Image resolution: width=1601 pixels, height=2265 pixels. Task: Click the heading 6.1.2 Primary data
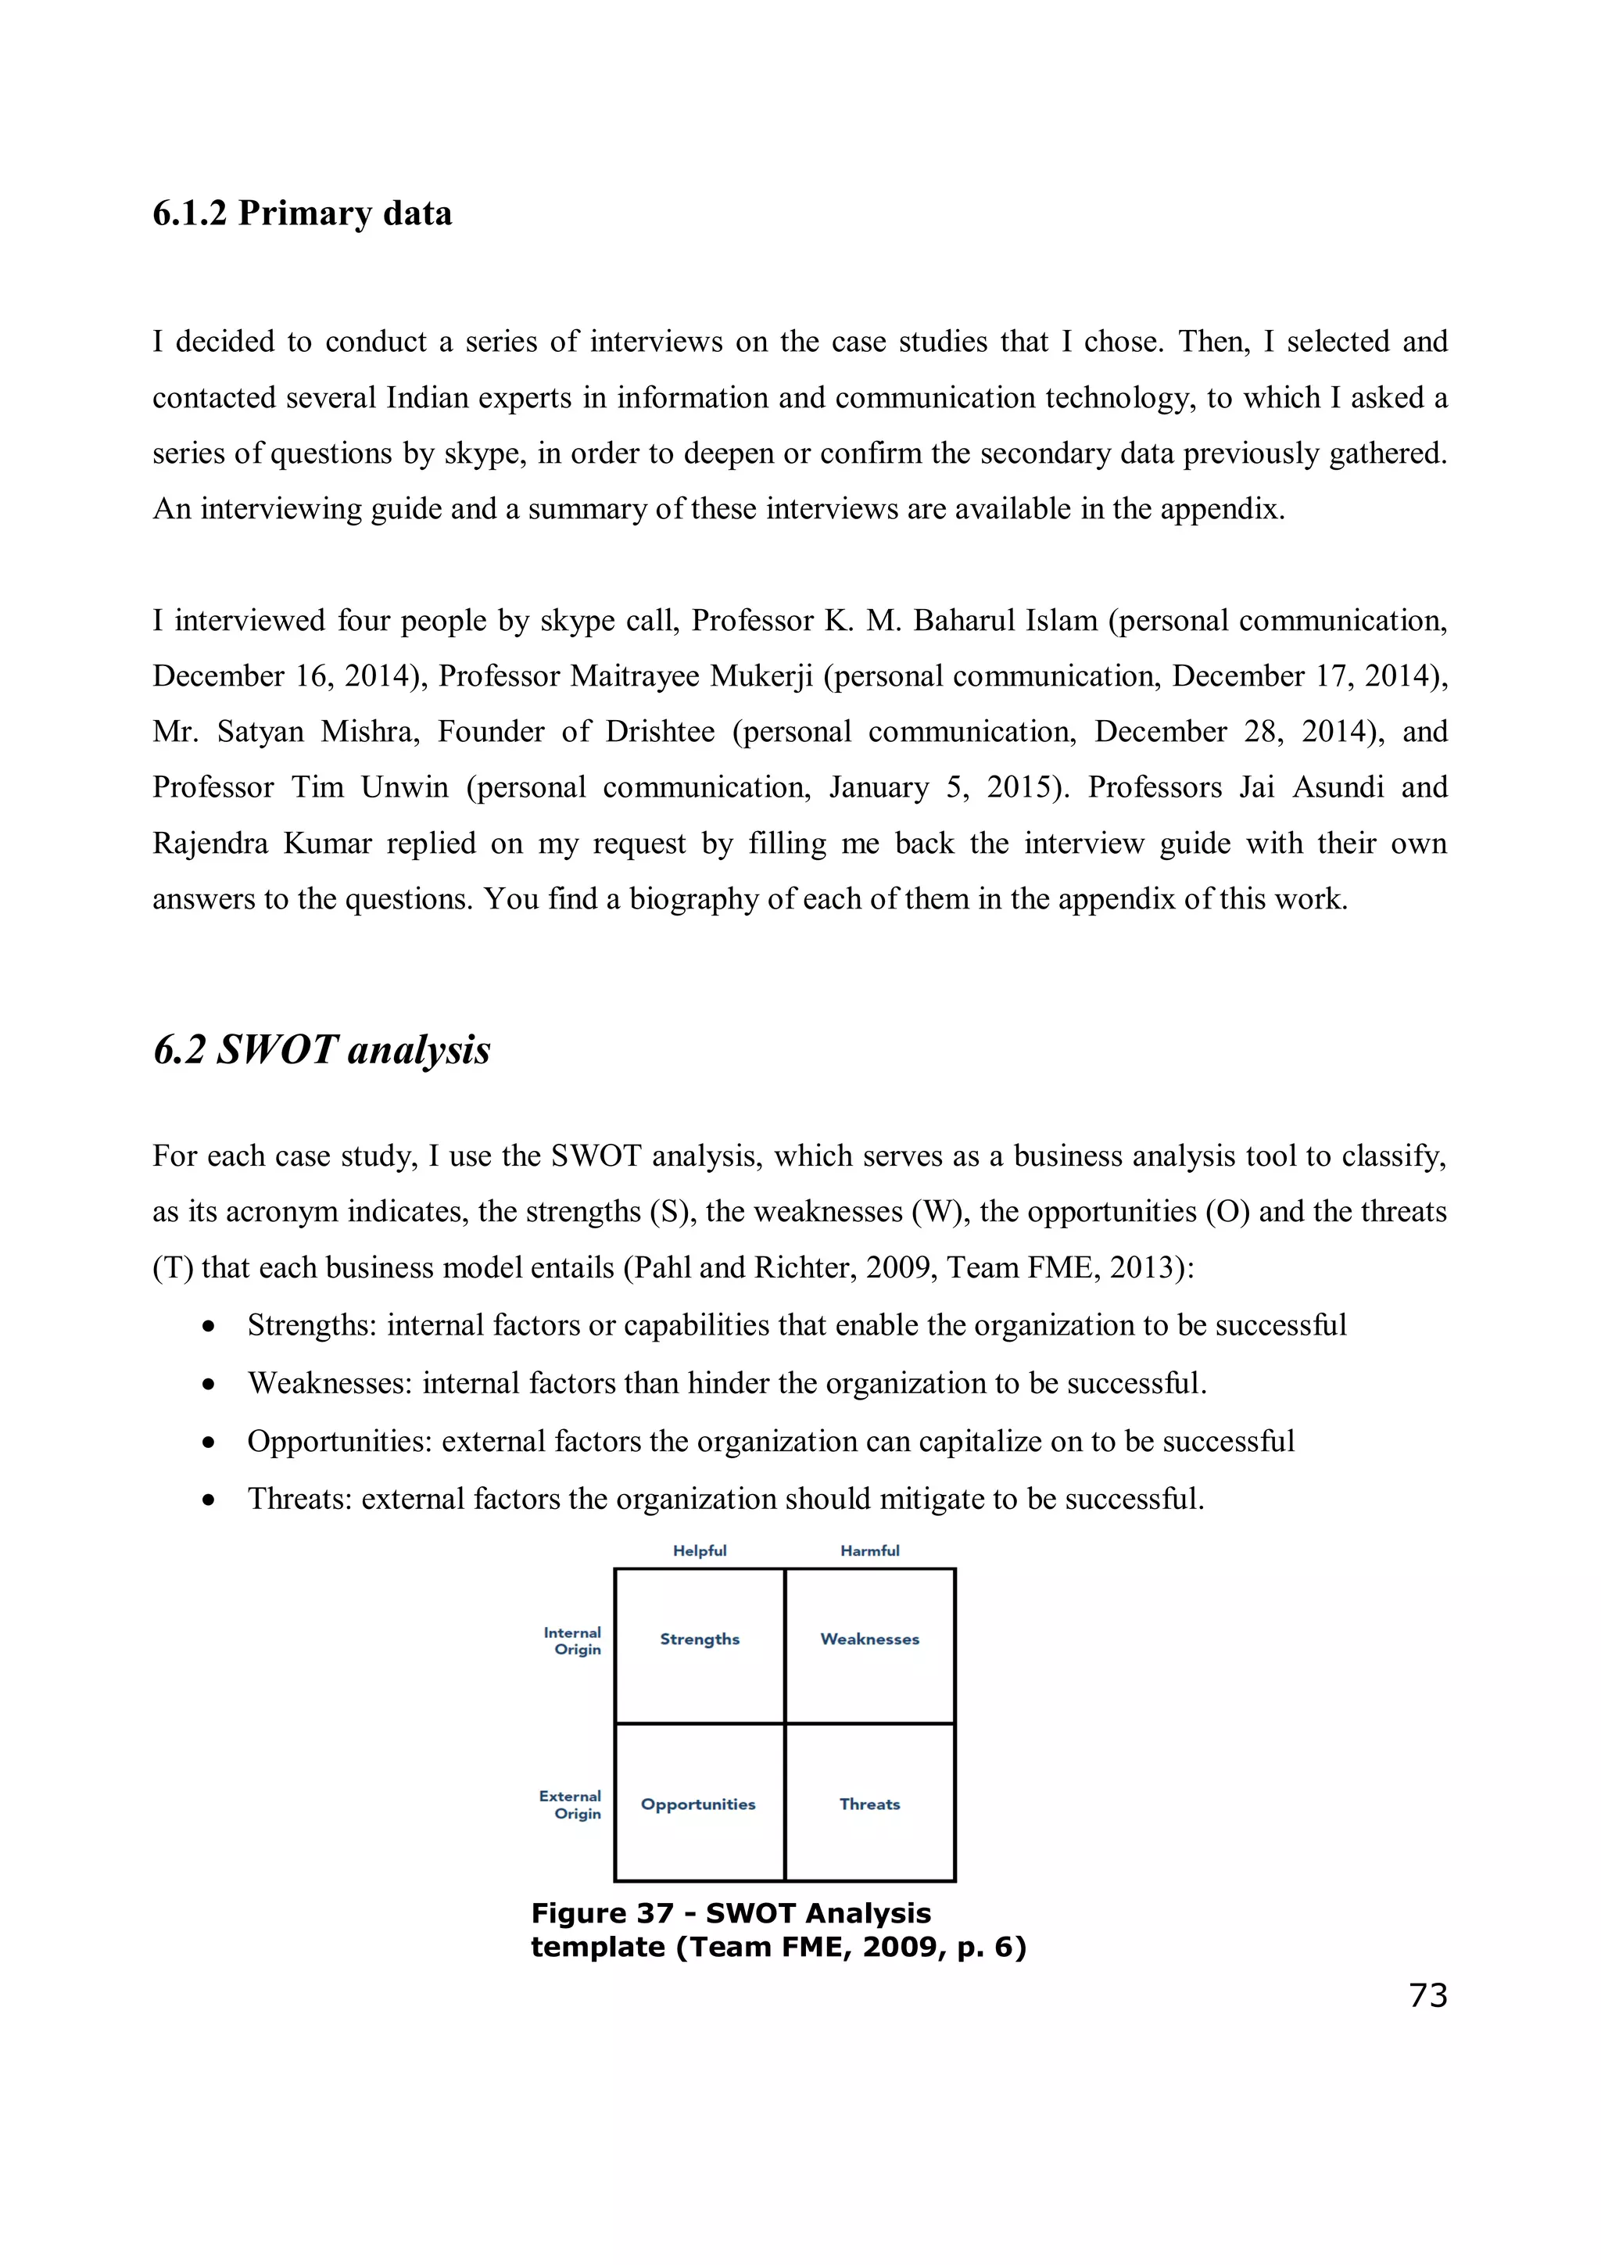(x=302, y=213)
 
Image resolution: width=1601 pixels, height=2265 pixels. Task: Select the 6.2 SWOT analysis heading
(x=321, y=1050)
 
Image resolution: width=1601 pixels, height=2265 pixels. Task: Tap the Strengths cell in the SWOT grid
(x=700, y=1639)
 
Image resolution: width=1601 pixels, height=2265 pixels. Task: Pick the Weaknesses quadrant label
(x=869, y=1639)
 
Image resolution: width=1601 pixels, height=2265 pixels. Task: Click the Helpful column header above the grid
(x=700, y=1550)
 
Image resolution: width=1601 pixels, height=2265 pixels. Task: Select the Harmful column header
(x=869, y=1550)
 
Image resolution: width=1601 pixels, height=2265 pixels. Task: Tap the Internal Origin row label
(x=573, y=1640)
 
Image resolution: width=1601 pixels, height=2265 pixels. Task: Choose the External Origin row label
(x=571, y=1804)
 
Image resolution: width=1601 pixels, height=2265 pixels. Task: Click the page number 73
(x=1427, y=1994)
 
